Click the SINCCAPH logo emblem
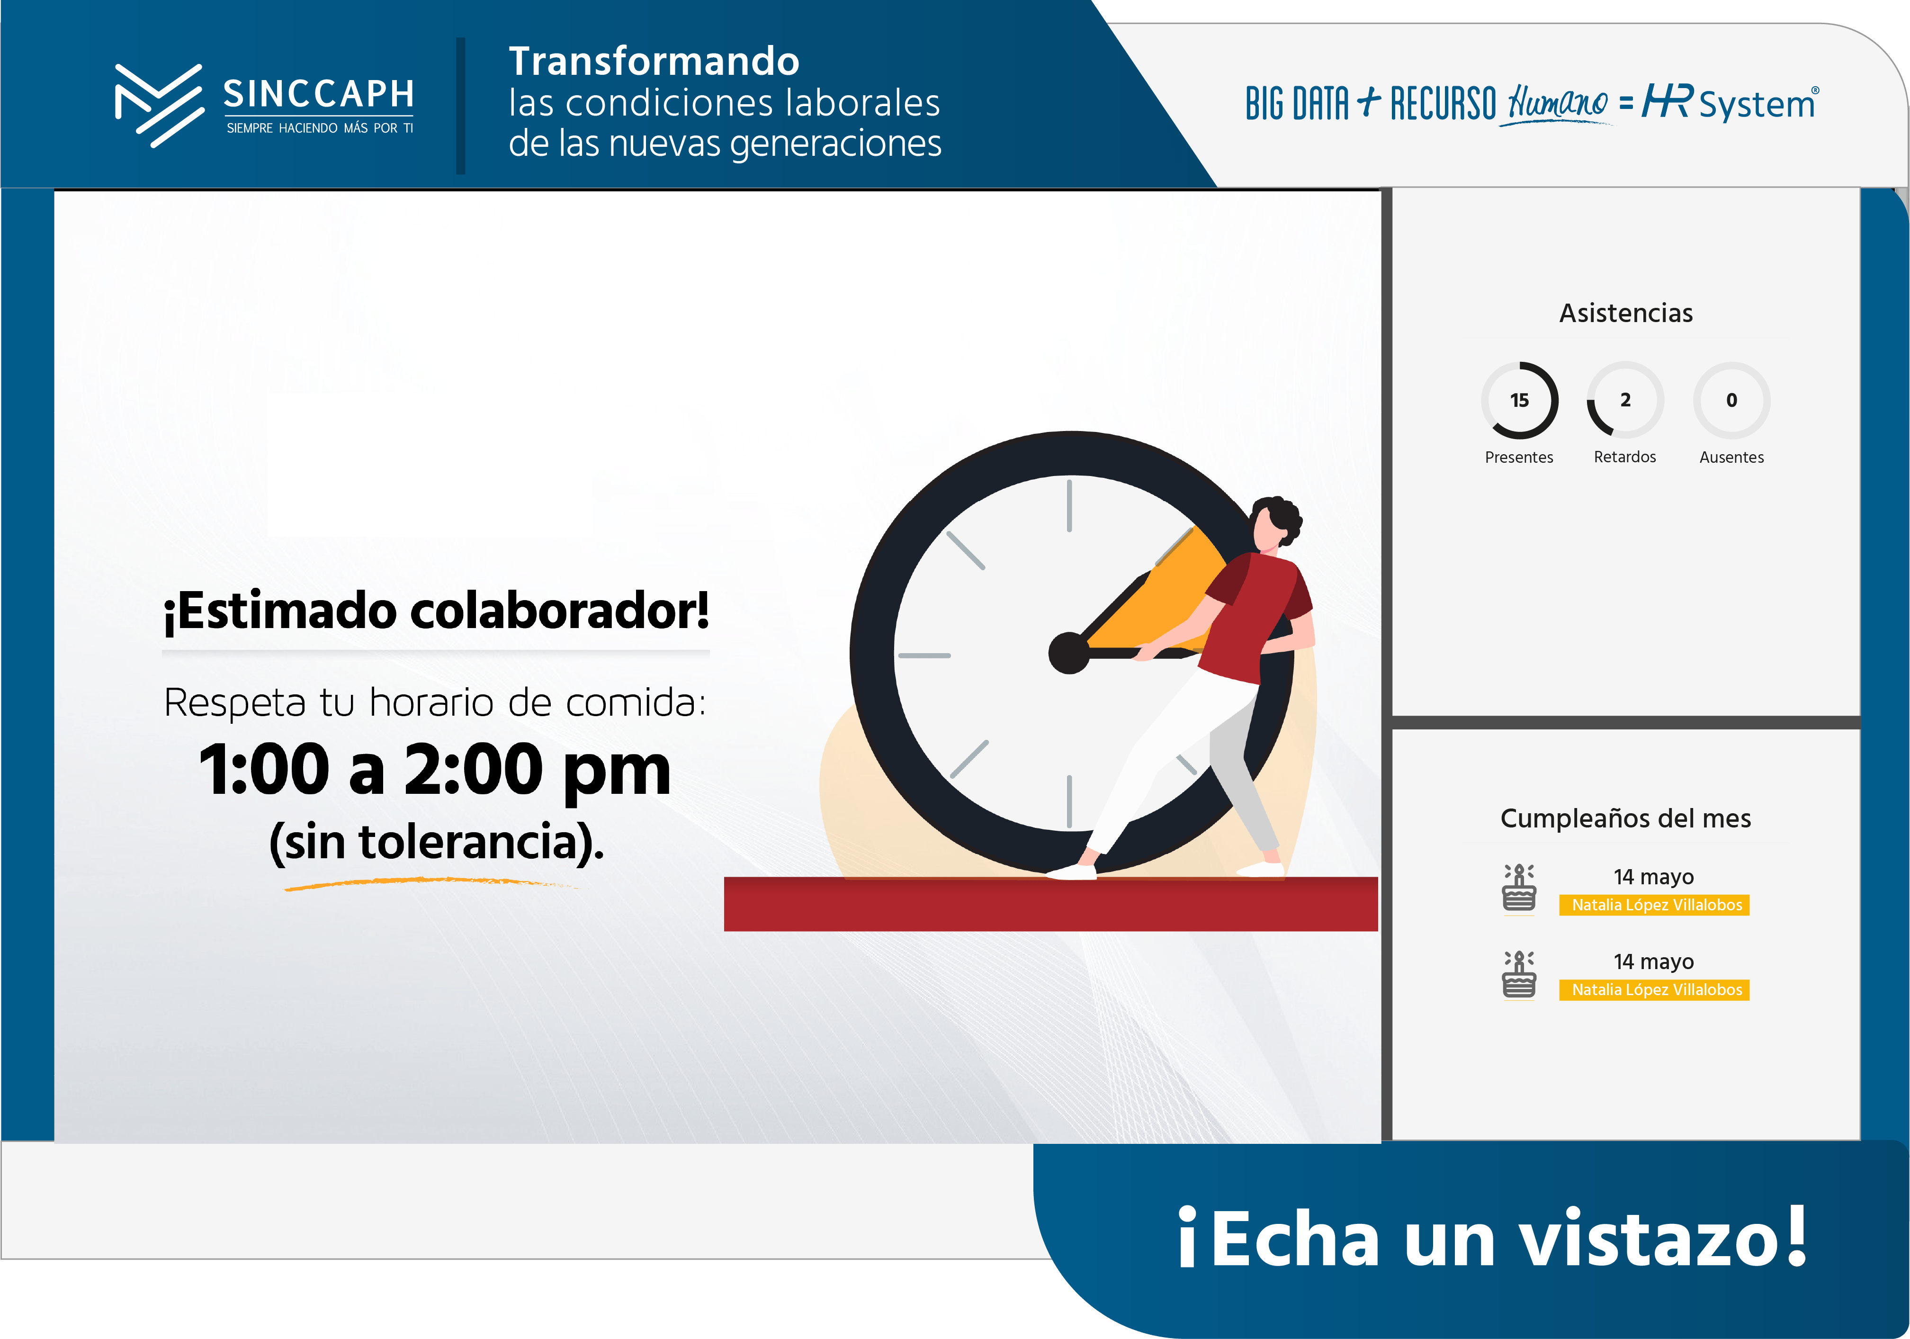[x=159, y=106]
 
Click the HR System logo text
[x=1731, y=103]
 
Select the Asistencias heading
[x=1625, y=313]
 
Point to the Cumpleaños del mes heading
[x=1625, y=818]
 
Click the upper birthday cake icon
[x=1519, y=888]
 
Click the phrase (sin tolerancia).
[x=437, y=842]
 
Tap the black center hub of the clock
[x=1069, y=652]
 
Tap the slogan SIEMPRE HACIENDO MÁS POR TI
[x=320, y=128]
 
